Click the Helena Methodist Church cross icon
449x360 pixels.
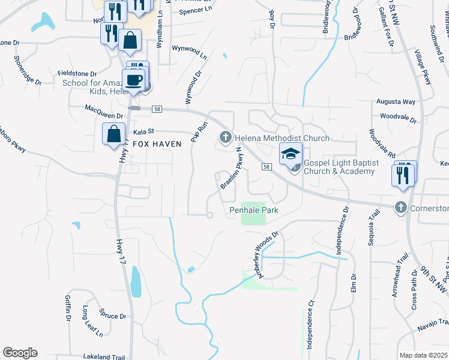click(226, 138)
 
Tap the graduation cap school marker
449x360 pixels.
click(291, 154)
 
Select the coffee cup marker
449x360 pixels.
click(133, 79)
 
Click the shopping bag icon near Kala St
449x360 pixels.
click(113, 134)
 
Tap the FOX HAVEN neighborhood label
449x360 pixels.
click(153, 145)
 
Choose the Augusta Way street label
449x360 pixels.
click(396, 102)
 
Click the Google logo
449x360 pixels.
click(20, 353)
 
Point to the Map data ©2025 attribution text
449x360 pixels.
click(423, 355)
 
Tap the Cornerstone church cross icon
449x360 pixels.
click(400, 208)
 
